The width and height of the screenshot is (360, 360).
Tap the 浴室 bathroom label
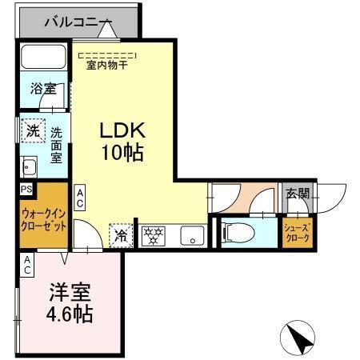(x=43, y=88)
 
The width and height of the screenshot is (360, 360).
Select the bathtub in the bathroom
(x=46, y=58)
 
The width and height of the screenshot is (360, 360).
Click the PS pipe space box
(x=26, y=190)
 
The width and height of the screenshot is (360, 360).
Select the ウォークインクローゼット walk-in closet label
(x=44, y=218)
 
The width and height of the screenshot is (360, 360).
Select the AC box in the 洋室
(x=27, y=266)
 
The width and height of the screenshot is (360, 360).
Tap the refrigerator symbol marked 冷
(x=120, y=235)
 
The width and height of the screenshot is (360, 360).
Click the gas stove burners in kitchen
(x=153, y=235)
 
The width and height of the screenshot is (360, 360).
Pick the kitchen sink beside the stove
(x=190, y=235)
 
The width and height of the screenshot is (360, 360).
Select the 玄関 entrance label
(x=298, y=194)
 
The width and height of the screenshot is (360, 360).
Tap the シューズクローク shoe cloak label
(x=298, y=234)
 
